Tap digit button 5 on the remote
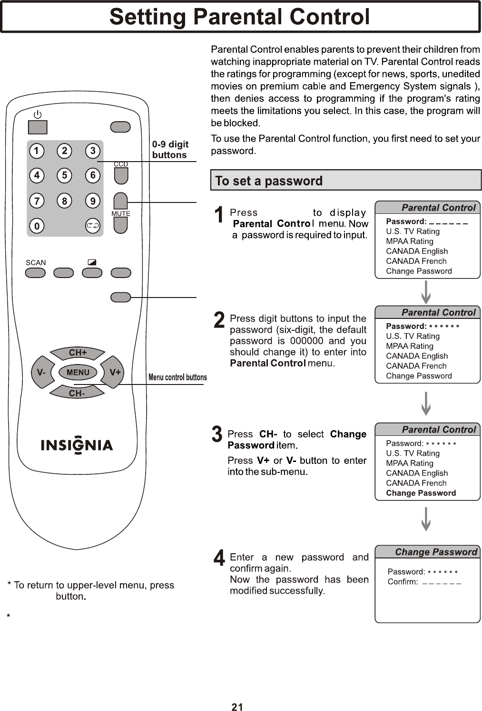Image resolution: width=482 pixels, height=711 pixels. (64, 175)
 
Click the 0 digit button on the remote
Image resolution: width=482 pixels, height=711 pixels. (37, 226)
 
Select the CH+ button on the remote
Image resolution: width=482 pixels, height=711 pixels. (78, 353)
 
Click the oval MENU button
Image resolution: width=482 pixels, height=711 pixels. (78, 373)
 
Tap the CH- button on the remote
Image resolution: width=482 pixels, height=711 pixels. (77, 393)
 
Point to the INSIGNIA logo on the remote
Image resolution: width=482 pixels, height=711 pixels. (77, 445)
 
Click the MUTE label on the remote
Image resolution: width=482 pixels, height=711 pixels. (121, 214)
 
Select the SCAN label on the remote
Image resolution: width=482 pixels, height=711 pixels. (36, 262)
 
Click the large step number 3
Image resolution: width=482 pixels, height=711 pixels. (217, 434)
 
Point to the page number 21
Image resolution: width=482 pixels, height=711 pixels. (237, 707)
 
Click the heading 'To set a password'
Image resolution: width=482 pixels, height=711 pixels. (269, 181)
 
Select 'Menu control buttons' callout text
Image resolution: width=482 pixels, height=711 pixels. (177, 377)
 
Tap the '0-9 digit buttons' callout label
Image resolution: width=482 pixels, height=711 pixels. (170, 149)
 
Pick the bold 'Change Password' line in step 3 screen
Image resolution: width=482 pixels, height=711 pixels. (421, 493)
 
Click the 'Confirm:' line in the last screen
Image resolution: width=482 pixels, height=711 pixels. (424, 582)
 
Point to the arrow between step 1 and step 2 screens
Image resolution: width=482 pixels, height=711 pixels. (426, 292)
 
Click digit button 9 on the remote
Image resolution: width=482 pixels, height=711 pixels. (92, 201)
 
